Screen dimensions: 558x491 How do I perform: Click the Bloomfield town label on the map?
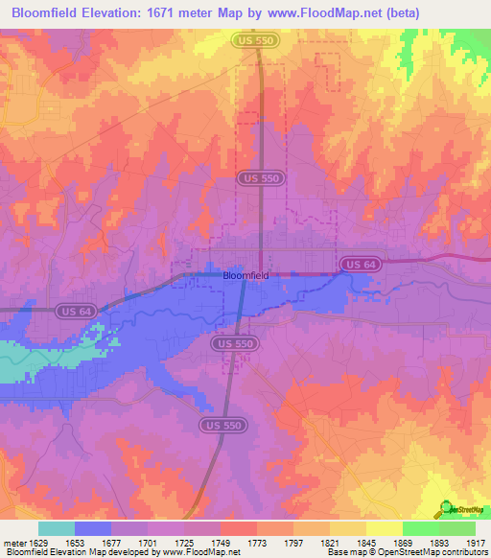(245, 274)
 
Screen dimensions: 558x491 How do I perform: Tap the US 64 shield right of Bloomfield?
(353, 263)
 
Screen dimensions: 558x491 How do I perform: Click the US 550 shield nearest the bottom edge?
(222, 425)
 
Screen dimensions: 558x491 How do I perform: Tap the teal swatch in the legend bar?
(57, 528)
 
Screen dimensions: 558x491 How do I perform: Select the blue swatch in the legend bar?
(93, 528)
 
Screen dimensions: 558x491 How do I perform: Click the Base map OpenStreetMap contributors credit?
(404, 552)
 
